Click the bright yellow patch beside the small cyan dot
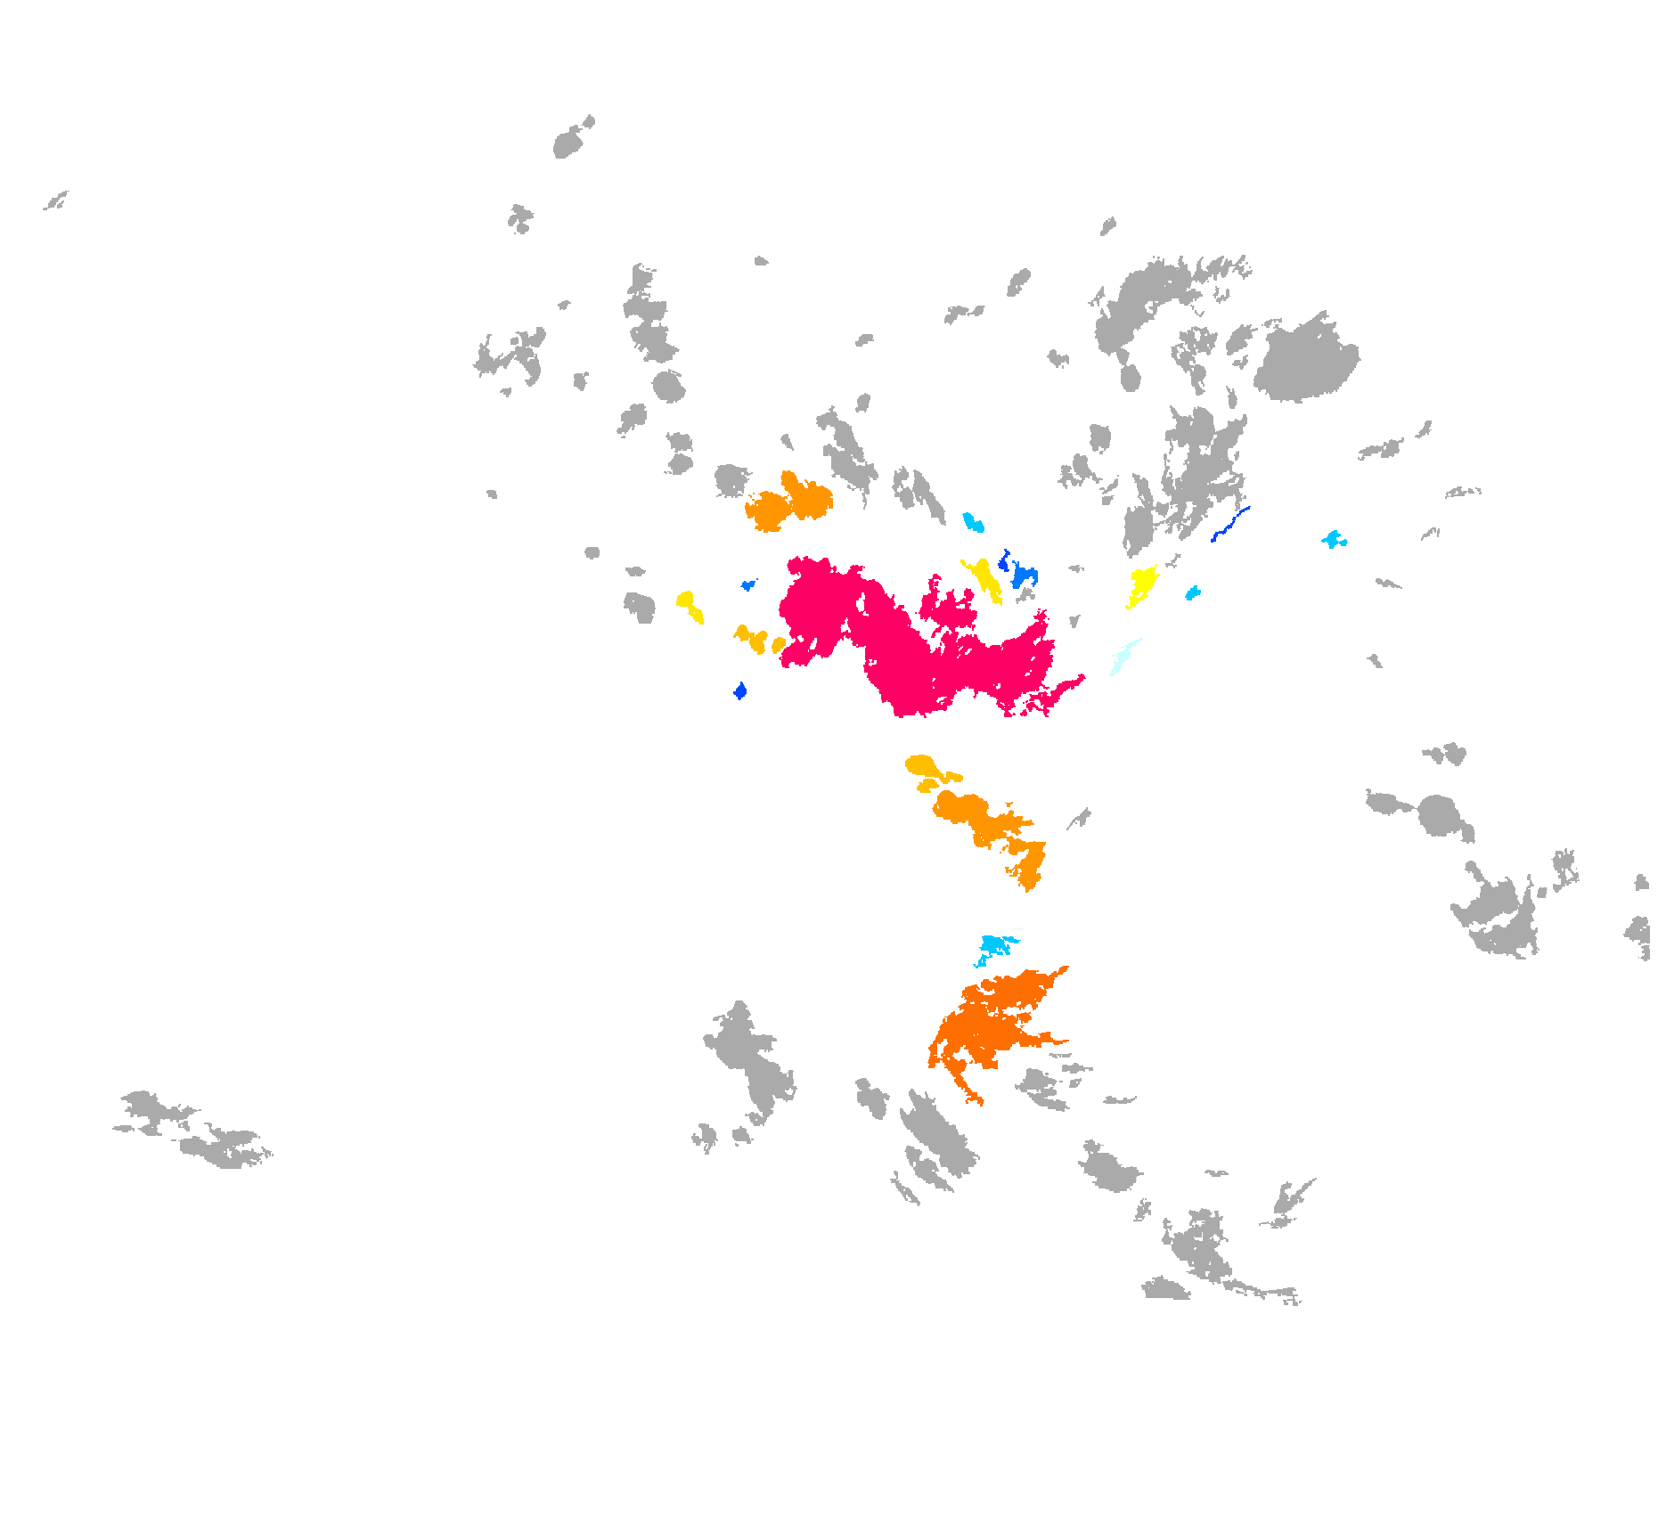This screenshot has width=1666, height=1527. click(x=1141, y=583)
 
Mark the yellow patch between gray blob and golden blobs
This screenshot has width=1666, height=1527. click(x=688, y=604)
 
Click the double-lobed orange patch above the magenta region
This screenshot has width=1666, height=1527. click(x=788, y=504)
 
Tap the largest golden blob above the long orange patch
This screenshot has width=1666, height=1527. click(x=920, y=765)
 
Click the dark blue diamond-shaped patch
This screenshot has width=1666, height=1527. click(x=739, y=690)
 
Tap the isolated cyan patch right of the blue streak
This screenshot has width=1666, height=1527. click(x=1333, y=539)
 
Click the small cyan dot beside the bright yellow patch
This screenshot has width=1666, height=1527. click(x=1192, y=593)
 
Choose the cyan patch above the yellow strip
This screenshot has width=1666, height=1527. click(x=973, y=522)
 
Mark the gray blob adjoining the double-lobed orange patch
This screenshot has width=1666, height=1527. click(x=731, y=481)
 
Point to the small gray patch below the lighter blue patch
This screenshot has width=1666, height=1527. click(x=1026, y=595)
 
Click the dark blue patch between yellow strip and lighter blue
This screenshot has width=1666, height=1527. click(x=1004, y=561)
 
